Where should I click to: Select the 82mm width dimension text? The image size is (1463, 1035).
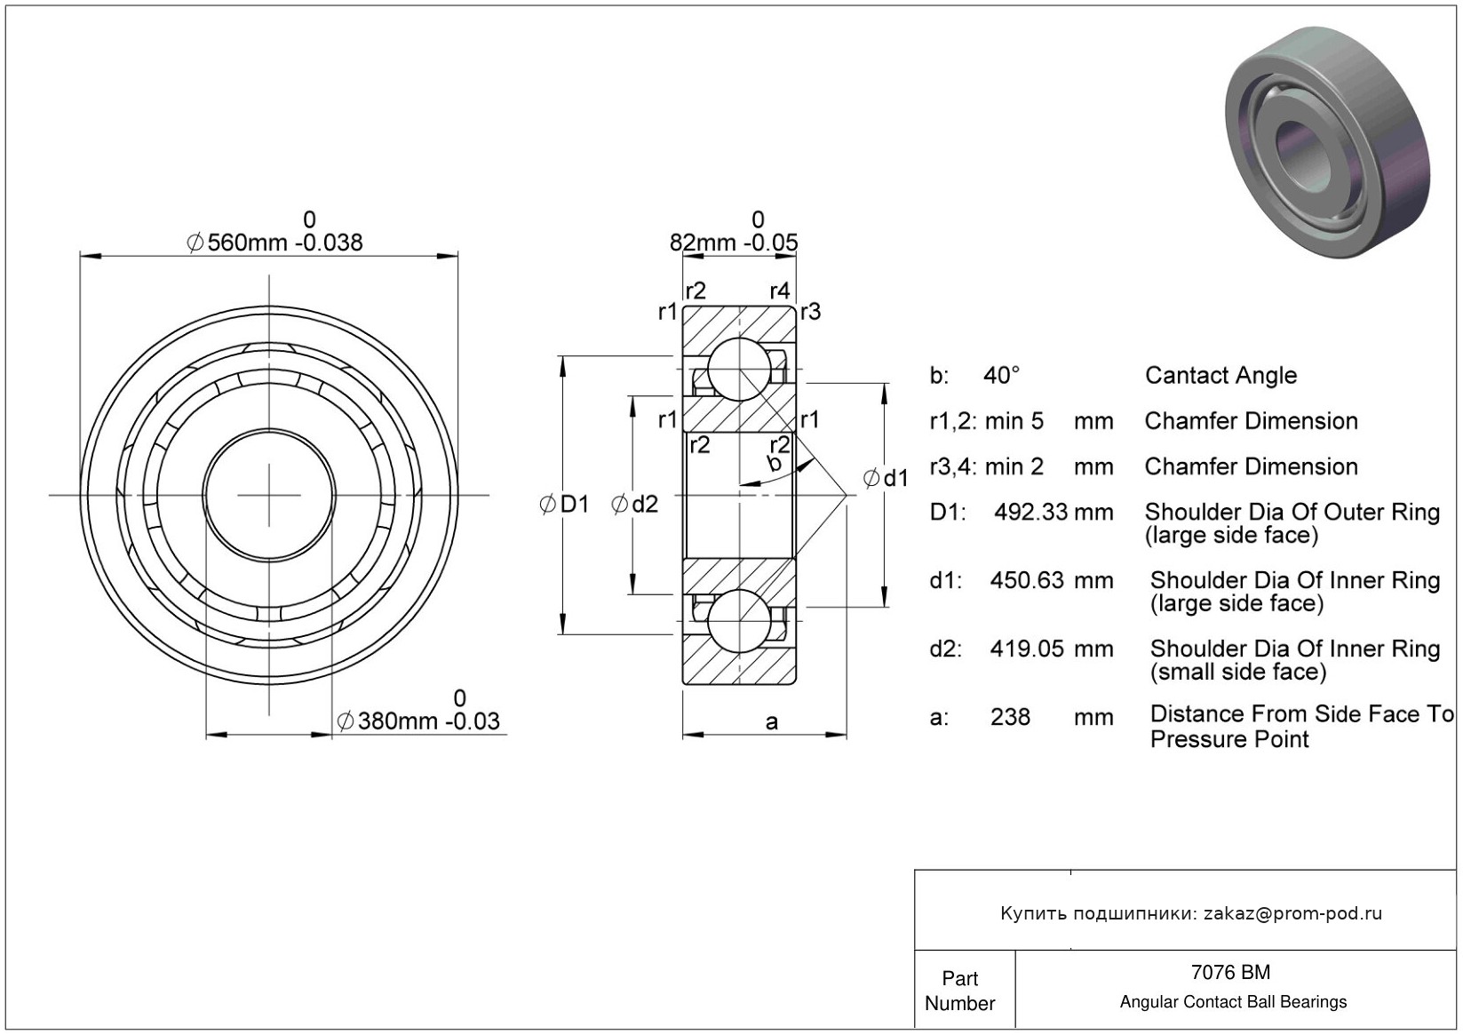[734, 243]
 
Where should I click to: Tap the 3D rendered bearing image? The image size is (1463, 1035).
[1326, 141]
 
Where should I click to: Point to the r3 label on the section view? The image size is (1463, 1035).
[810, 312]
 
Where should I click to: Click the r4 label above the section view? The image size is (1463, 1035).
[780, 291]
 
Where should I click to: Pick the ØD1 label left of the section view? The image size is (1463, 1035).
[564, 504]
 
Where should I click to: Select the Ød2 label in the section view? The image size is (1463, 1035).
[634, 504]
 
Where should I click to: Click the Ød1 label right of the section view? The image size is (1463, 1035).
[886, 478]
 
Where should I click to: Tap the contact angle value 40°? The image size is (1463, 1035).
[1001, 375]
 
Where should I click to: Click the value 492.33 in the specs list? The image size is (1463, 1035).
[1030, 512]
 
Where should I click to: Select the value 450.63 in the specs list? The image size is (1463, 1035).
[1027, 580]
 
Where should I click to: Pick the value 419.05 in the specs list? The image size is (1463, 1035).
[1027, 649]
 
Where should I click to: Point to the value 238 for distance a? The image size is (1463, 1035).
[1010, 718]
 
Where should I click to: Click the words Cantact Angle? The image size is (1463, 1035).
[1220, 376]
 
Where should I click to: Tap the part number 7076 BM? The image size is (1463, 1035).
[1230, 972]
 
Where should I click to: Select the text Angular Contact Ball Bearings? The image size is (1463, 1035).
[1233, 1001]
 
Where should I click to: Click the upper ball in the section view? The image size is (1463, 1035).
[739, 370]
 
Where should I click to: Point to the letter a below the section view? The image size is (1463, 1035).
[771, 722]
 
